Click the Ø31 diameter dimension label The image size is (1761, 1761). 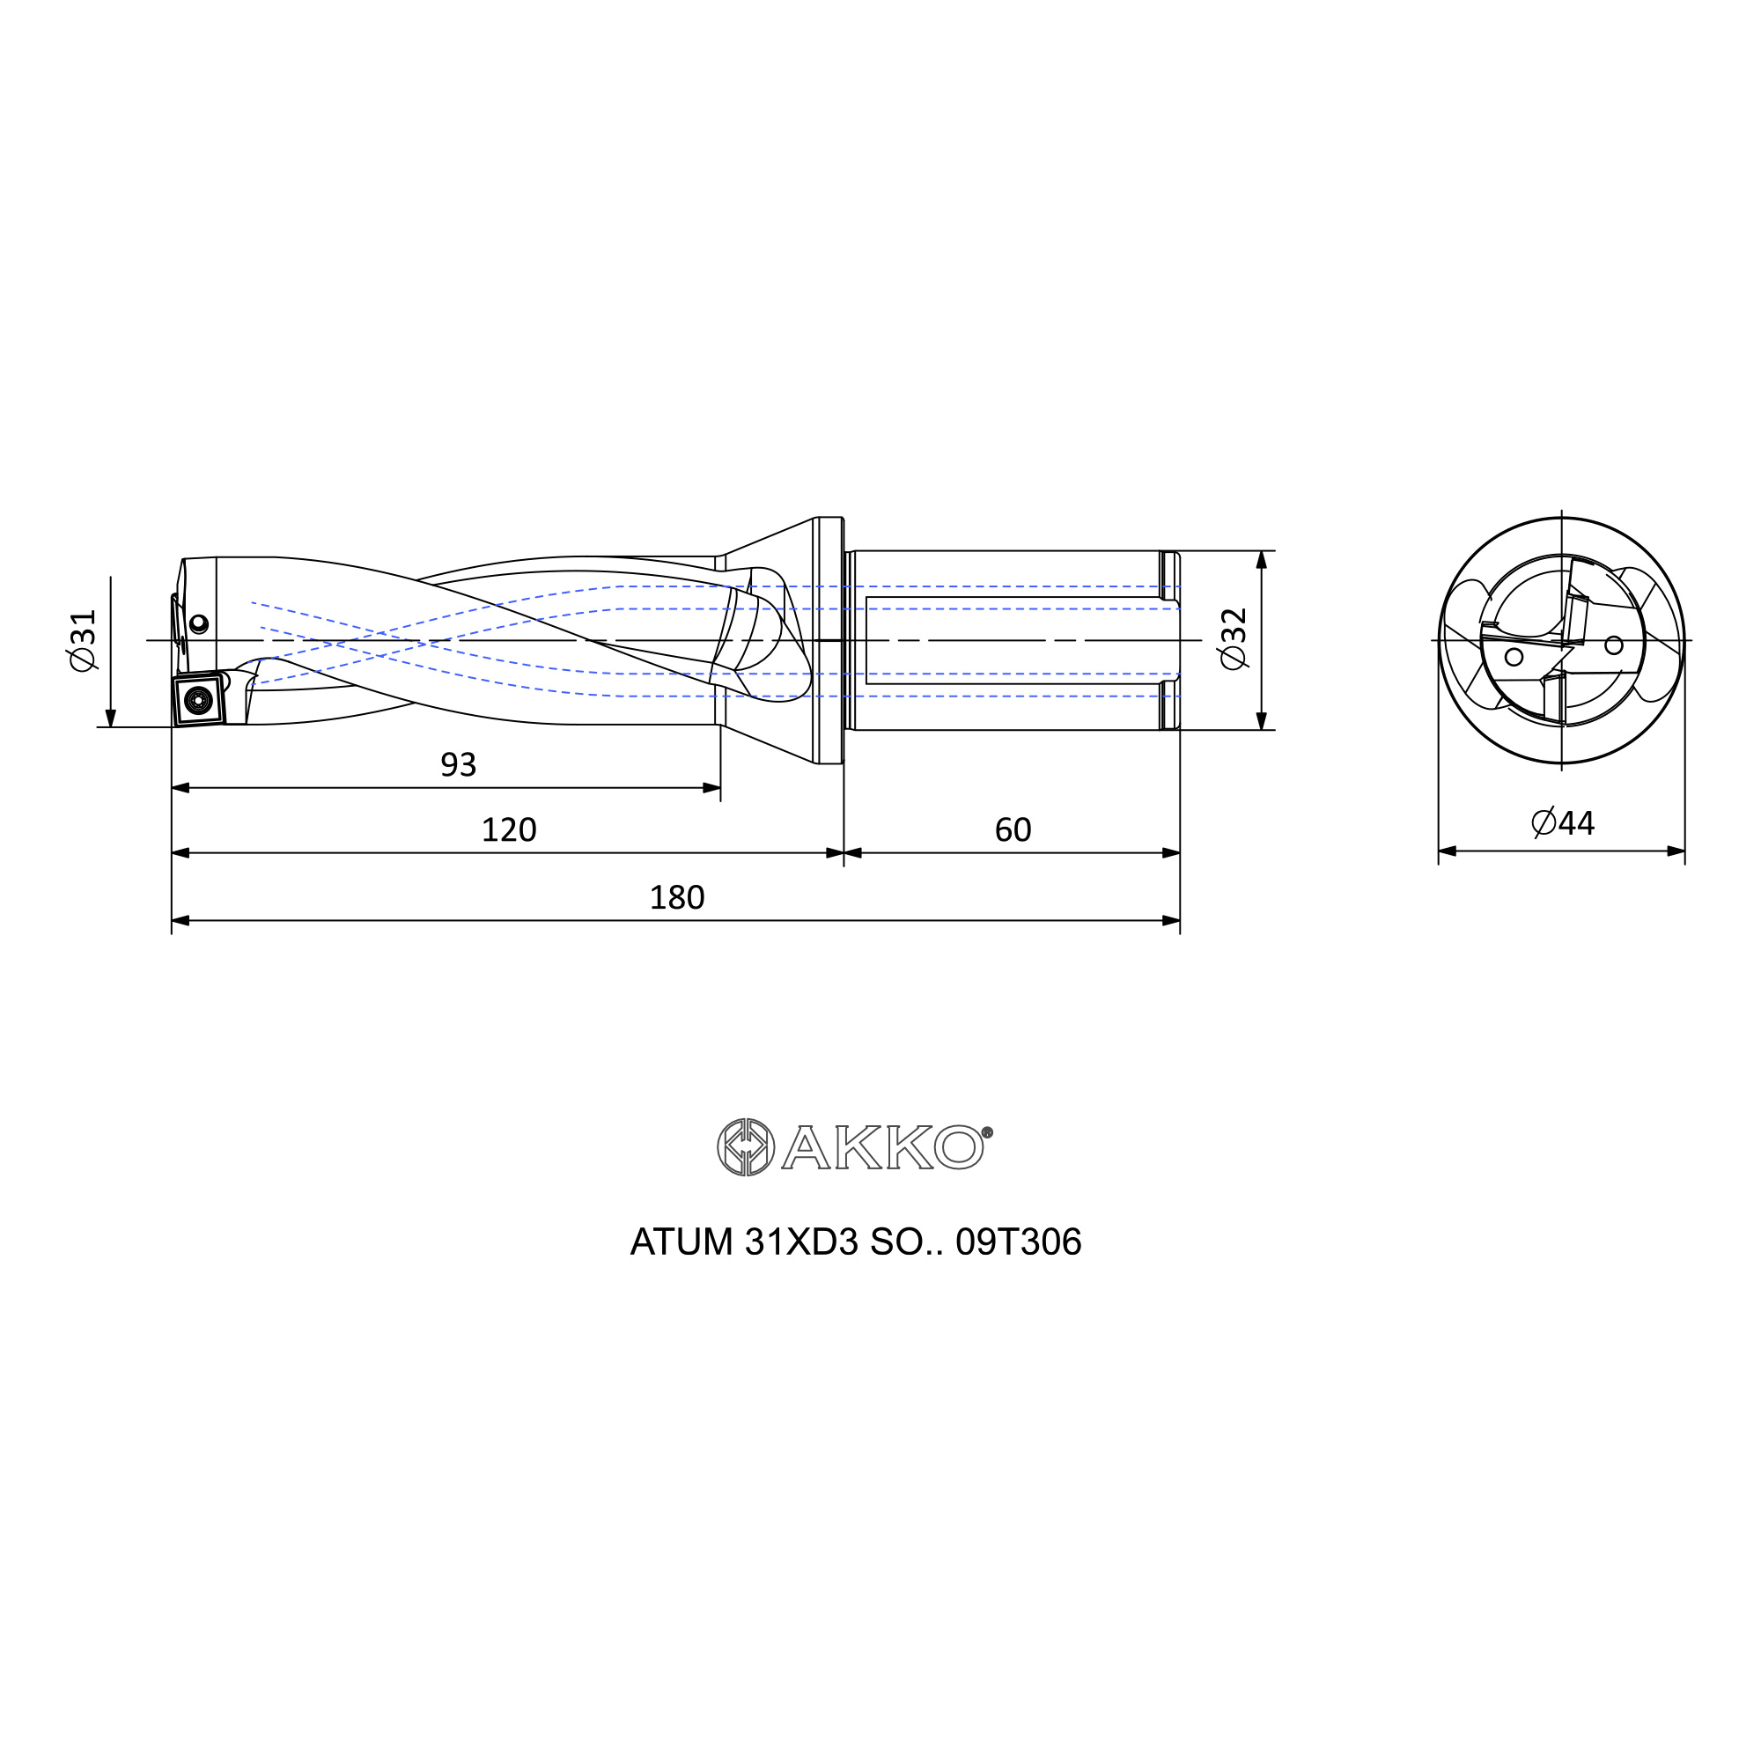click(x=83, y=641)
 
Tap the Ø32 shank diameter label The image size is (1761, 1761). click(x=1234, y=639)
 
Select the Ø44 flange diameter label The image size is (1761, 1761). click(x=1563, y=823)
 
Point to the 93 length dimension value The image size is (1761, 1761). click(x=459, y=765)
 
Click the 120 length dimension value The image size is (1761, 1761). click(x=509, y=829)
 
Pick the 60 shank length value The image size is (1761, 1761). click(x=1013, y=829)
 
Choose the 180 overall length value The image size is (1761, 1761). click(x=676, y=898)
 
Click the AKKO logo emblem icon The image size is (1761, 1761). click(x=746, y=1146)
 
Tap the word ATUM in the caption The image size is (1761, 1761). click(x=682, y=1242)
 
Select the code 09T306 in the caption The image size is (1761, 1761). click(x=1018, y=1242)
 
